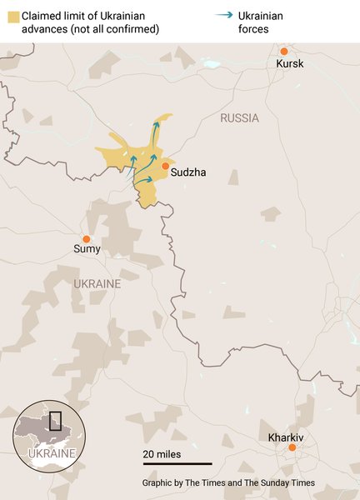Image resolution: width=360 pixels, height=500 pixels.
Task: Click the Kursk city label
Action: [290, 64]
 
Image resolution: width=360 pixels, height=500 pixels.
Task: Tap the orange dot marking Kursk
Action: [283, 51]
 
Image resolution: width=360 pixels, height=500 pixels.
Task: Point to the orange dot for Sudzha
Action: [165, 167]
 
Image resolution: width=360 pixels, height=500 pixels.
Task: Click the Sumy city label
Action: [87, 249]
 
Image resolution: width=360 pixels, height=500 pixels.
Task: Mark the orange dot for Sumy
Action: [86, 238]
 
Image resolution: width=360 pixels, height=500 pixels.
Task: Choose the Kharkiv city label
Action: [286, 437]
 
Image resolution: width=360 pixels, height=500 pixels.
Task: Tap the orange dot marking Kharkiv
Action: [292, 448]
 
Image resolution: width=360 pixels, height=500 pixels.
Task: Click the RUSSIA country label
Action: [239, 118]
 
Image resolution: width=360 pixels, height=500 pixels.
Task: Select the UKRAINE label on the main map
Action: [97, 284]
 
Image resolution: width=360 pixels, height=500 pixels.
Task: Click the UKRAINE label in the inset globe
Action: [52, 453]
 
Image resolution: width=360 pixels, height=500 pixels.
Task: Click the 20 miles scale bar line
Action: [177, 463]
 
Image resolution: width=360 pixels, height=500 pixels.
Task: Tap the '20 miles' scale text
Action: [161, 453]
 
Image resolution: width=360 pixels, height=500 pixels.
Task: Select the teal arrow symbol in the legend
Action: [222, 15]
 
